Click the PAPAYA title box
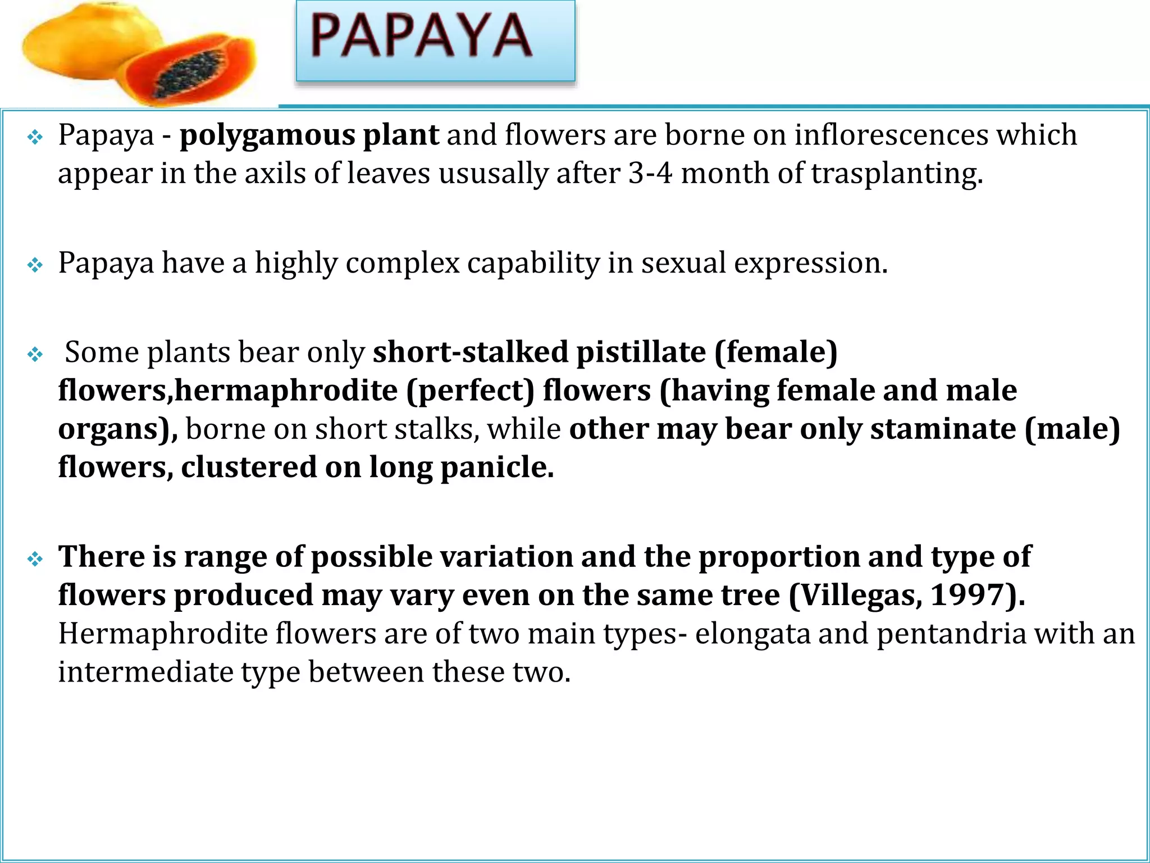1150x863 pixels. coord(435,40)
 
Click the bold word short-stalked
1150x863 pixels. coord(471,353)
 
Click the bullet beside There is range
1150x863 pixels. coord(35,559)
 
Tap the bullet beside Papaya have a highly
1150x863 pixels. coord(35,265)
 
